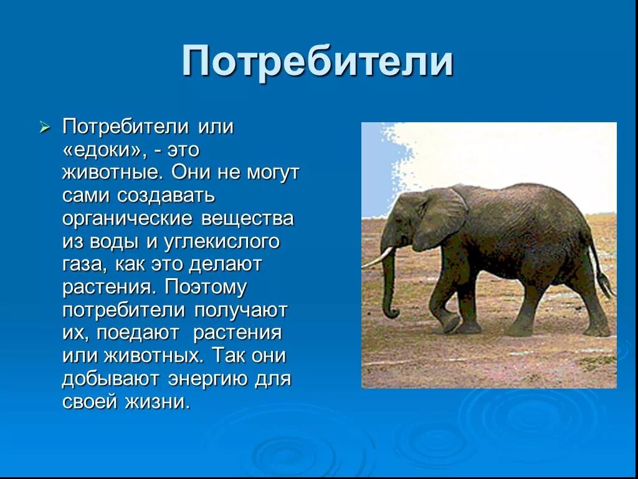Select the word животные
[113, 173]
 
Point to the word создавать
[166, 196]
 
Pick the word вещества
[247, 219]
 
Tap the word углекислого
[222, 243]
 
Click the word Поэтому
[206, 288]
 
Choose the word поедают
[138, 334]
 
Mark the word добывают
[110, 380]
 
